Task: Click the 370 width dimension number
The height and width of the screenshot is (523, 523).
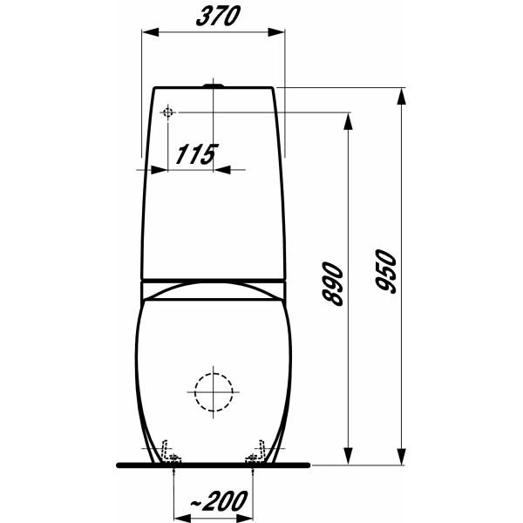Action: [213, 17]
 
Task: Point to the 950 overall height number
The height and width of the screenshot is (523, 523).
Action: [389, 273]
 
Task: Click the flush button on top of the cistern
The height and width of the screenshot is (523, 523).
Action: [213, 85]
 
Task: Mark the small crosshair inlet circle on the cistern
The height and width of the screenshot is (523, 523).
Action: [168, 112]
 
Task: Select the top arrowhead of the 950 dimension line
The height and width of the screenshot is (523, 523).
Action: [404, 94]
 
